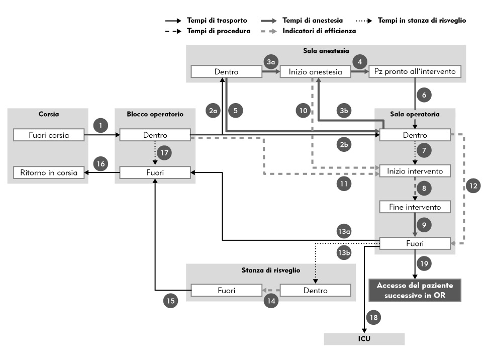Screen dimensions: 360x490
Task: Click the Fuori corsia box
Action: click(x=48, y=135)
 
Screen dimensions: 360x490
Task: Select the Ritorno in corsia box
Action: click(x=48, y=172)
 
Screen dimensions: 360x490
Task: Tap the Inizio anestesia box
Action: click(x=316, y=72)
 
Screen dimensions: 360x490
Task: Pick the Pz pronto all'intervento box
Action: click(x=415, y=72)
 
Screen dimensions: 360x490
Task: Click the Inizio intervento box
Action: click(x=415, y=171)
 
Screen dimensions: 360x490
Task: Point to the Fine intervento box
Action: click(x=415, y=207)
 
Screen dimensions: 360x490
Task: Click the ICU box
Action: click(x=364, y=338)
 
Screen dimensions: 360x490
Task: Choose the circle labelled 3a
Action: click(x=271, y=62)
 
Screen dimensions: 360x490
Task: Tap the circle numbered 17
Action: click(x=164, y=153)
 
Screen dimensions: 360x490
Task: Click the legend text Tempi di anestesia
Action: click(x=313, y=21)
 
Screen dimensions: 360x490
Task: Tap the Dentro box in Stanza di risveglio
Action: click(x=315, y=291)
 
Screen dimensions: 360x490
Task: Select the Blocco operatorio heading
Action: click(x=155, y=114)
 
